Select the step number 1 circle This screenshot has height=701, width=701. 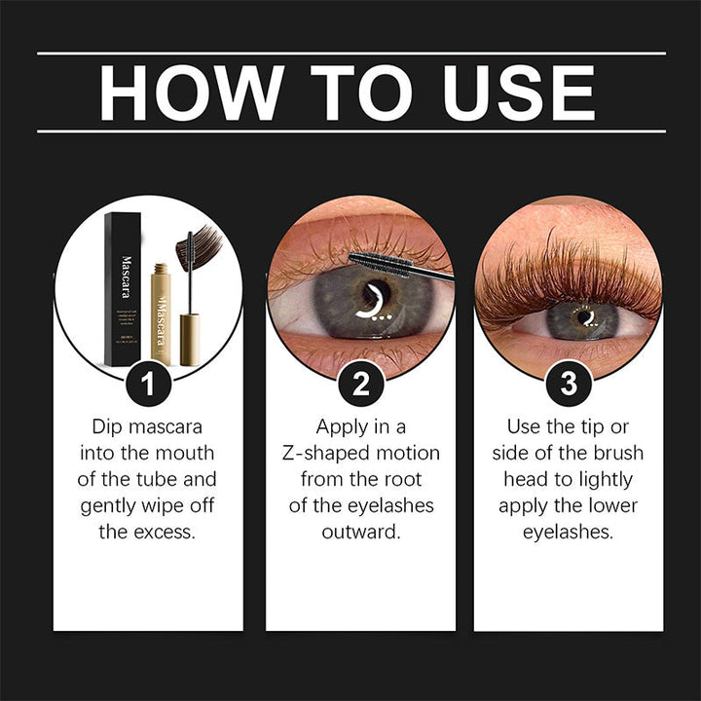148,384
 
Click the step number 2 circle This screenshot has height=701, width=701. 359,384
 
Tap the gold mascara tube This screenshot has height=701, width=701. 161,312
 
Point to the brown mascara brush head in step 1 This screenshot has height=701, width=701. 199,249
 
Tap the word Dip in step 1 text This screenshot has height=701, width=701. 108,426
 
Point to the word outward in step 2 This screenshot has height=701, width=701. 360,532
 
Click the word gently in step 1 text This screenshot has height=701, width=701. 112,505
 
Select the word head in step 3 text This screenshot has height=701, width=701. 526,479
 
